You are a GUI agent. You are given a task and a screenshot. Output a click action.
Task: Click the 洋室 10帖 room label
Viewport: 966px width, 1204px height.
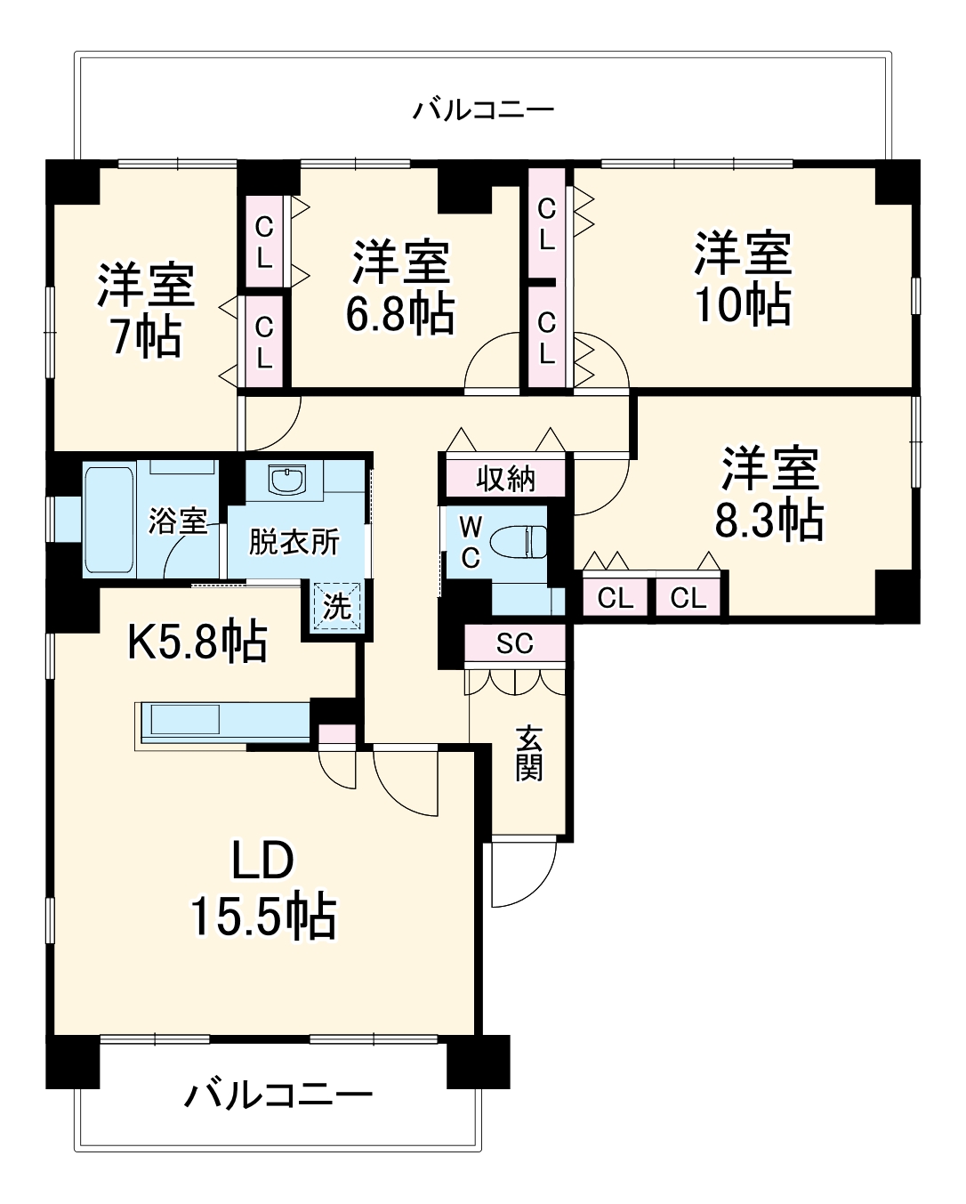pyautogui.click(x=743, y=279)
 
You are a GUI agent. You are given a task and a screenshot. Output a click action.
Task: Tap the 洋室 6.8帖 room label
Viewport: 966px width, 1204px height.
pyautogui.click(x=400, y=287)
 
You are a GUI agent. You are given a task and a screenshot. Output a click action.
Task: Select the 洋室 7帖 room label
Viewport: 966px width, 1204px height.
pyautogui.click(x=146, y=310)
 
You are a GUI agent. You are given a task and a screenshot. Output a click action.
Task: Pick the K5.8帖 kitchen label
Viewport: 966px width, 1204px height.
pyautogui.click(x=197, y=640)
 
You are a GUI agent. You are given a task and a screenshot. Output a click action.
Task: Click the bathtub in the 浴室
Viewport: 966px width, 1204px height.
pyautogui.click(x=109, y=518)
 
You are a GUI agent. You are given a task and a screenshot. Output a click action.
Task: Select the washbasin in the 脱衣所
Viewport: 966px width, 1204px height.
pyautogui.click(x=288, y=481)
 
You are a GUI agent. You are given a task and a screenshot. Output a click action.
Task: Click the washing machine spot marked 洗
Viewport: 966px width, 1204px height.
pyautogui.click(x=336, y=607)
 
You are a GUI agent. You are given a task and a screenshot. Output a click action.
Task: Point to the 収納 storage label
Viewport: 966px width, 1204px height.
pyautogui.click(x=505, y=478)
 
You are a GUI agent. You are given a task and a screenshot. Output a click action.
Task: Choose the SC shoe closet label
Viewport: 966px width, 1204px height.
pyautogui.click(x=514, y=643)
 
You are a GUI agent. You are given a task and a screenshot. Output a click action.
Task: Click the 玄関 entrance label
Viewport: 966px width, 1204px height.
pyautogui.click(x=528, y=754)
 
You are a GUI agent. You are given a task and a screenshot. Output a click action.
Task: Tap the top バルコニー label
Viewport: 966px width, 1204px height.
pyautogui.click(x=483, y=110)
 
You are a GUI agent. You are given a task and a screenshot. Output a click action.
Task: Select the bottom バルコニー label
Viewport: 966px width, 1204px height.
pyautogui.click(x=278, y=1095)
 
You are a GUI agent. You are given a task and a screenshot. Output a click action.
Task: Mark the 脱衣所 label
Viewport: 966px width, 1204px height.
pyautogui.click(x=294, y=541)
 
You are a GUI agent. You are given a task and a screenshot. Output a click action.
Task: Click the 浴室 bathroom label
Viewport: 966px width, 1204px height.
pyautogui.click(x=178, y=521)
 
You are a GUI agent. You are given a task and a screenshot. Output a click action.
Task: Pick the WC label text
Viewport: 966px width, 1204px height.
pyautogui.click(x=470, y=542)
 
